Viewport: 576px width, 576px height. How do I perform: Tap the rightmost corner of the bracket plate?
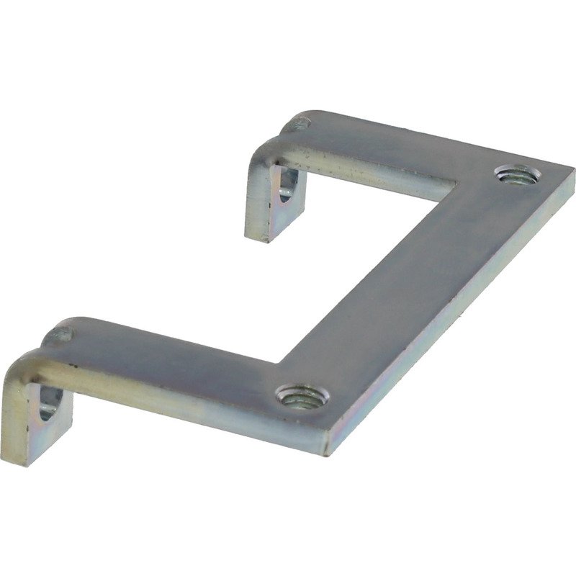pyautogui.click(x=574, y=171)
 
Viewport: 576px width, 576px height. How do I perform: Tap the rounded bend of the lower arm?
pyautogui.click(x=25, y=367)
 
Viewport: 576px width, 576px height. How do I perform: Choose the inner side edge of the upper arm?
pyautogui.click(x=374, y=175)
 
